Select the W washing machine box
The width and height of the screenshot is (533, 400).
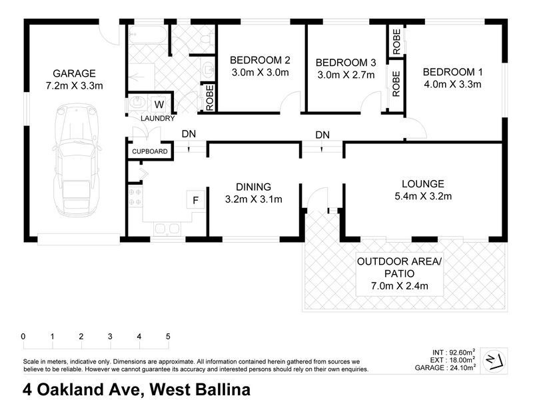159,104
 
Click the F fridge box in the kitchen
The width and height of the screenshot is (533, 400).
196,199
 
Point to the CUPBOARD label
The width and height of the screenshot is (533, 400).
149,152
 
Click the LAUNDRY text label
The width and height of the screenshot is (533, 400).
158,119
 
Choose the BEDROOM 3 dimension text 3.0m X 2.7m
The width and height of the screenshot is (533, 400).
345,75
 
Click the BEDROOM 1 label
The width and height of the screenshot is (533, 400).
452,72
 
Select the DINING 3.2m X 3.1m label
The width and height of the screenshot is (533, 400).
253,193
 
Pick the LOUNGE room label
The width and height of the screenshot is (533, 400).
423,184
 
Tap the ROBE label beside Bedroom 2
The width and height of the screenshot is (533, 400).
210,97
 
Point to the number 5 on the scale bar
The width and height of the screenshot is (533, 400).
168,337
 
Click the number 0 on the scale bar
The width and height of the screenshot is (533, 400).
23,337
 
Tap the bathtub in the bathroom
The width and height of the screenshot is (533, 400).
147,34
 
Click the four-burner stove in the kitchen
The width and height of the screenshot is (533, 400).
135,197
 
